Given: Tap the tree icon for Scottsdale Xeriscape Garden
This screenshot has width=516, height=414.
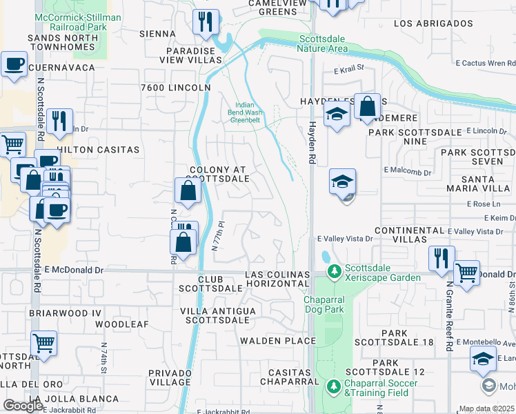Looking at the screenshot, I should [x=335, y=272].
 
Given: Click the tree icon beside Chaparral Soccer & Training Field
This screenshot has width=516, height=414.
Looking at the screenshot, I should [x=335, y=387].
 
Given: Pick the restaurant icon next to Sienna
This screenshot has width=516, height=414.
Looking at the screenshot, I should [x=206, y=23].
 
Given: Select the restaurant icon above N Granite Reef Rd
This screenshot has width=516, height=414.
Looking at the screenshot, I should [x=441, y=259].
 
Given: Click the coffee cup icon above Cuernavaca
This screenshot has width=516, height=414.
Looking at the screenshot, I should [x=14, y=66].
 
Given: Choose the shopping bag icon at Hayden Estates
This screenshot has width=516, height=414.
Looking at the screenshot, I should [x=368, y=107].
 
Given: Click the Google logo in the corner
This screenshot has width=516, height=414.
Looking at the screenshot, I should [x=23, y=406].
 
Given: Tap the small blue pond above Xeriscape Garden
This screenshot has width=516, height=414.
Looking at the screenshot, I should [x=325, y=257].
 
